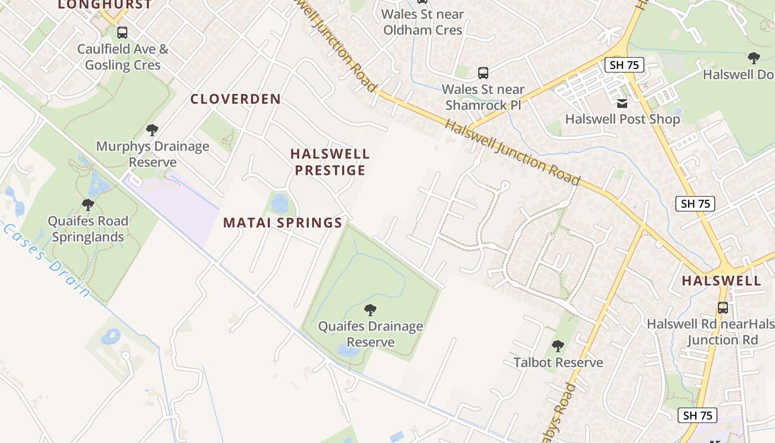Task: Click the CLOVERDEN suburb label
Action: [x=235, y=99]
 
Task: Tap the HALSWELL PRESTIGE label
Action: [x=330, y=162]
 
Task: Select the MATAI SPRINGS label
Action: [x=282, y=223]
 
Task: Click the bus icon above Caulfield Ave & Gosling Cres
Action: [x=122, y=33]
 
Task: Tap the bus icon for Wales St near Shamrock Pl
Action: [x=483, y=73]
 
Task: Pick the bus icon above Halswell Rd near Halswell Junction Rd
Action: [x=723, y=307]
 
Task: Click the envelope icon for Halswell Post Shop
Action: [x=622, y=103]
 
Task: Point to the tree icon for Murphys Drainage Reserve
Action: [x=152, y=130]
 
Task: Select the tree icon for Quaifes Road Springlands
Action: [x=87, y=205]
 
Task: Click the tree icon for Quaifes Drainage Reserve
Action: [x=370, y=310]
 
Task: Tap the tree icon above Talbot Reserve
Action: [x=558, y=346]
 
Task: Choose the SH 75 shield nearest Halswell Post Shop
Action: [x=624, y=65]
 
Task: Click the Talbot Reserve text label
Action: [x=558, y=363]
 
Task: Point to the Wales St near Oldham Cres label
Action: [x=422, y=22]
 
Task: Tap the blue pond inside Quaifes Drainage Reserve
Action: [x=348, y=351]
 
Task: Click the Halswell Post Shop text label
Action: [x=622, y=119]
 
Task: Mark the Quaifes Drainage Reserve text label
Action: [x=370, y=334]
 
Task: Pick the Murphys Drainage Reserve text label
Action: [x=153, y=154]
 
